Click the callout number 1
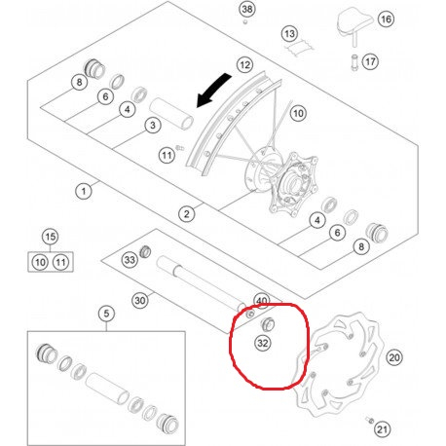[x=84, y=191]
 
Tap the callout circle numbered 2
[x=187, y=214]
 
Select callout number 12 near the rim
[x=244, y=65]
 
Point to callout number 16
[x=386, y=19]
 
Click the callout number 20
[x=394, y=357]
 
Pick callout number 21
[x=382, y=429]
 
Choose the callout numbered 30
[x=140, y=301]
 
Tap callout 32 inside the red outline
[x=263, y=343]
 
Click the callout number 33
[x=130, y=260]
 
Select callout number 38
[x=247, y=9]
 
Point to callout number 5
[x=106, y=314]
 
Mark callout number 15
[x=50, y=237]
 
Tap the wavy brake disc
[x=338, y=365]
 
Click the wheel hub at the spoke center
[x=280, y=183]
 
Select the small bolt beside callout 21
[x=369, y=420]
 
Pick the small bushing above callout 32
[x=268, y=323]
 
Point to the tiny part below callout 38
[x=245, y=21]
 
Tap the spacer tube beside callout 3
[x=171, y=114]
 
